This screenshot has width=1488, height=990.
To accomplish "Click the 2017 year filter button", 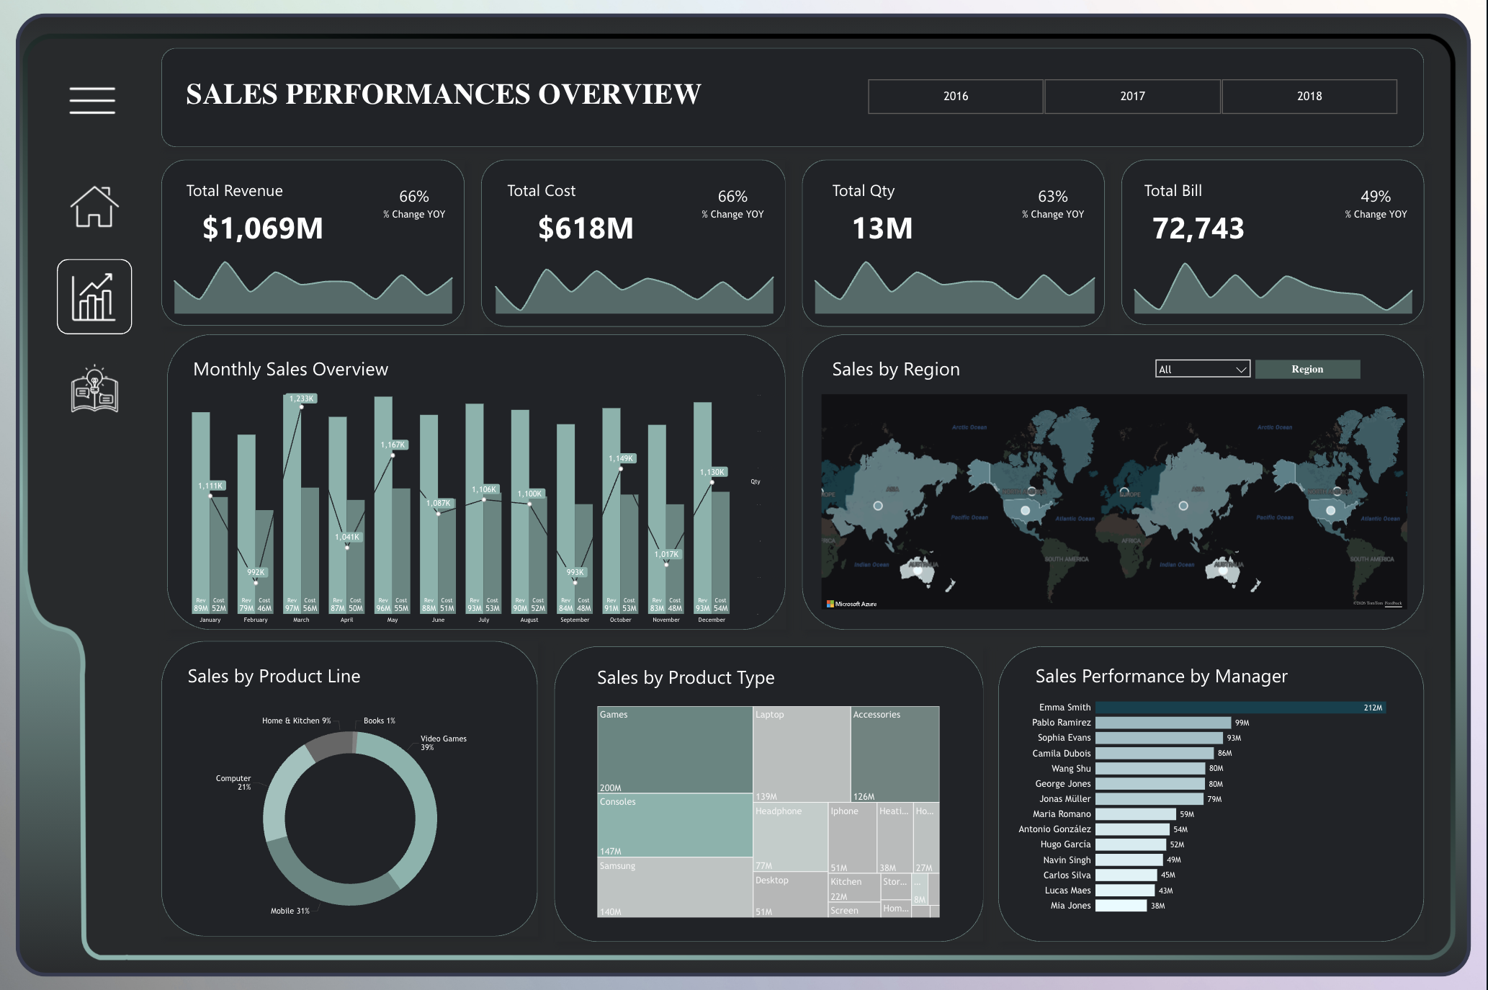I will [x=1132, y=97].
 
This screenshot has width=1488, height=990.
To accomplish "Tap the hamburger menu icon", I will [x=92, y=100].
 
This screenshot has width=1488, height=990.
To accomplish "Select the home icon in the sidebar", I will [x=94, y=207].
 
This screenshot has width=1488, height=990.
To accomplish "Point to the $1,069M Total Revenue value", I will [x=263, y=228].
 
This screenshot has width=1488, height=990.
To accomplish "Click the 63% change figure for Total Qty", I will [x=1052, y=197].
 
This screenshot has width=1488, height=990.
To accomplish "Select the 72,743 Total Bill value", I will [x=1198, y=228].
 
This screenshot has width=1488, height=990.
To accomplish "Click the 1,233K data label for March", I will [x=302, y=398].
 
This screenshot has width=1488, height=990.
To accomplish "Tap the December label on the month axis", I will [x=712, y=620].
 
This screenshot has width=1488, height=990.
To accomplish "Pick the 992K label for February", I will [x=256, y=572].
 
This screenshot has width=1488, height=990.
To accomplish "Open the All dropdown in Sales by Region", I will [x=1202, y=369].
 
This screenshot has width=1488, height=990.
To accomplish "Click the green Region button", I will [x=1307, y=369].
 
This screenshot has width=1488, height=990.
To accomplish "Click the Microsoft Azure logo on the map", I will [x=851, y=604].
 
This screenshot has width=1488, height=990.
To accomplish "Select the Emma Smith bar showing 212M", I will [x=1240, y=708].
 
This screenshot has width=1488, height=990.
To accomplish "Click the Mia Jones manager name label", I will [x=1070, y=906].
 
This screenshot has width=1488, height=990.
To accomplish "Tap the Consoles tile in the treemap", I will [x=675, y=825].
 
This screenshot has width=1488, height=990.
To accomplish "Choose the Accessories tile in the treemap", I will [x=895, y=753].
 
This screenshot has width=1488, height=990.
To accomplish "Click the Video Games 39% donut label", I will [x=443, y=742].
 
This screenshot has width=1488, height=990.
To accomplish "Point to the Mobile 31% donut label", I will [x=290, y=911].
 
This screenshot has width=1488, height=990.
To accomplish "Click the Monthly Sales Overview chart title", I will [x=290, y=370].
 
